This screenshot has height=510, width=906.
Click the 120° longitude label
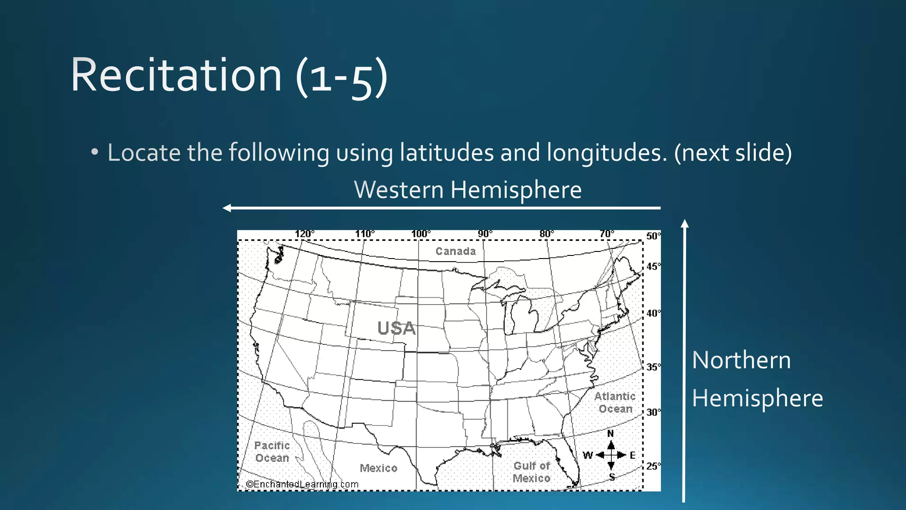(305, 234)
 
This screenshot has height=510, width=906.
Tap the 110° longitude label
(365, 234)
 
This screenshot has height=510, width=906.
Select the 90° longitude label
(485, 234)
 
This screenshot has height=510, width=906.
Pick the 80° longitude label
(546, 234)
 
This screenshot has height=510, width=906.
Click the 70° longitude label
(607, 234)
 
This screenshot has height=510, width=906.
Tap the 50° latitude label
(653, 236)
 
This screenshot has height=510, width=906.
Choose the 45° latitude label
(653, 267)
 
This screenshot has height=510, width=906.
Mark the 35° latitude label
(653, 367)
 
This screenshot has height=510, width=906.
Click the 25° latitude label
(653, 466)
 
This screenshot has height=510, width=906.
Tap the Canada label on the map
(456, 251)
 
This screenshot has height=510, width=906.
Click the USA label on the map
(396, 328)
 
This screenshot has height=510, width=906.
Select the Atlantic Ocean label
(615, 402)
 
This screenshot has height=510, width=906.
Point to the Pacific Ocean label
(272, 452)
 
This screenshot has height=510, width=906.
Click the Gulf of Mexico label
(532, 472)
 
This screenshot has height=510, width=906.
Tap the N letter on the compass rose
(610, 433)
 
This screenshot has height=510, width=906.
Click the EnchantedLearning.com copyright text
(302, 484)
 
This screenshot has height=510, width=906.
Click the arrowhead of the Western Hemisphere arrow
(227, 208)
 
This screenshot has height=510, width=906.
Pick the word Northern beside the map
(741, 360)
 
